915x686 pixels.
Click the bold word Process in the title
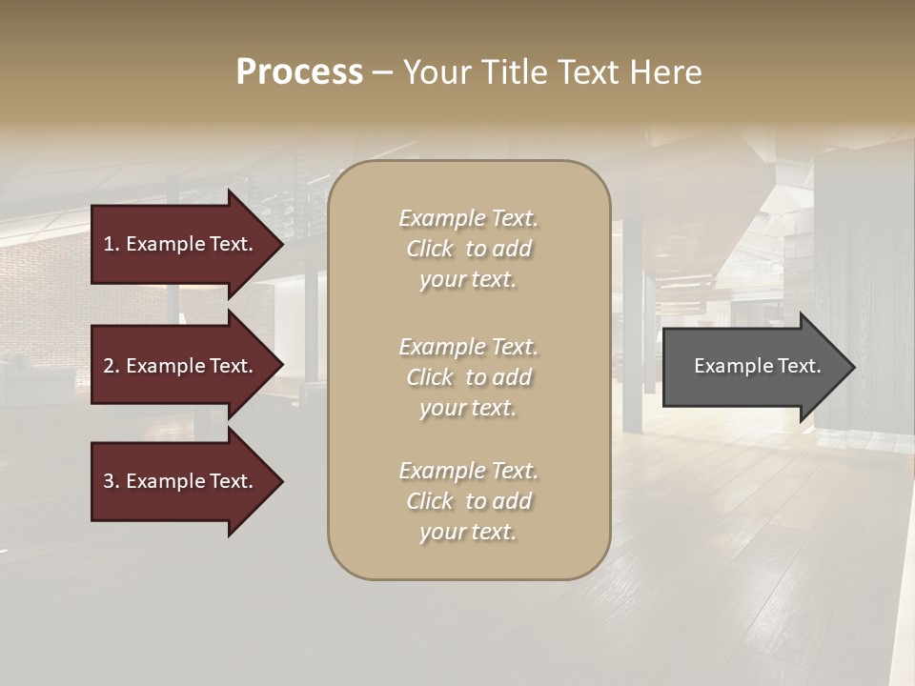coord(299,72)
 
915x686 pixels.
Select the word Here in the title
coord(668,72)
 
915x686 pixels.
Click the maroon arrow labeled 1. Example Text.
coord(181,244)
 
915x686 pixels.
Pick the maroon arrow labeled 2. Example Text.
coord(181,366)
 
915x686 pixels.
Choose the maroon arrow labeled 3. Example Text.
coord(181,481)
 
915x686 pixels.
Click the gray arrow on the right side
coord(753,366)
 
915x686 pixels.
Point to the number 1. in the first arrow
coord(111,244)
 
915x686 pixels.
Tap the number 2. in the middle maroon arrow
coord(111,366)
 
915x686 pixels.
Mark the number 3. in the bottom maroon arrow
coord(111,481)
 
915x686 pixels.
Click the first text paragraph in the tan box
coord(468,249)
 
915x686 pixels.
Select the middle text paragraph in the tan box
coord(468,377)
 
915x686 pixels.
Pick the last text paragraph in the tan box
coord(468,501)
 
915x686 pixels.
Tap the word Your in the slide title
coord(437,72)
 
